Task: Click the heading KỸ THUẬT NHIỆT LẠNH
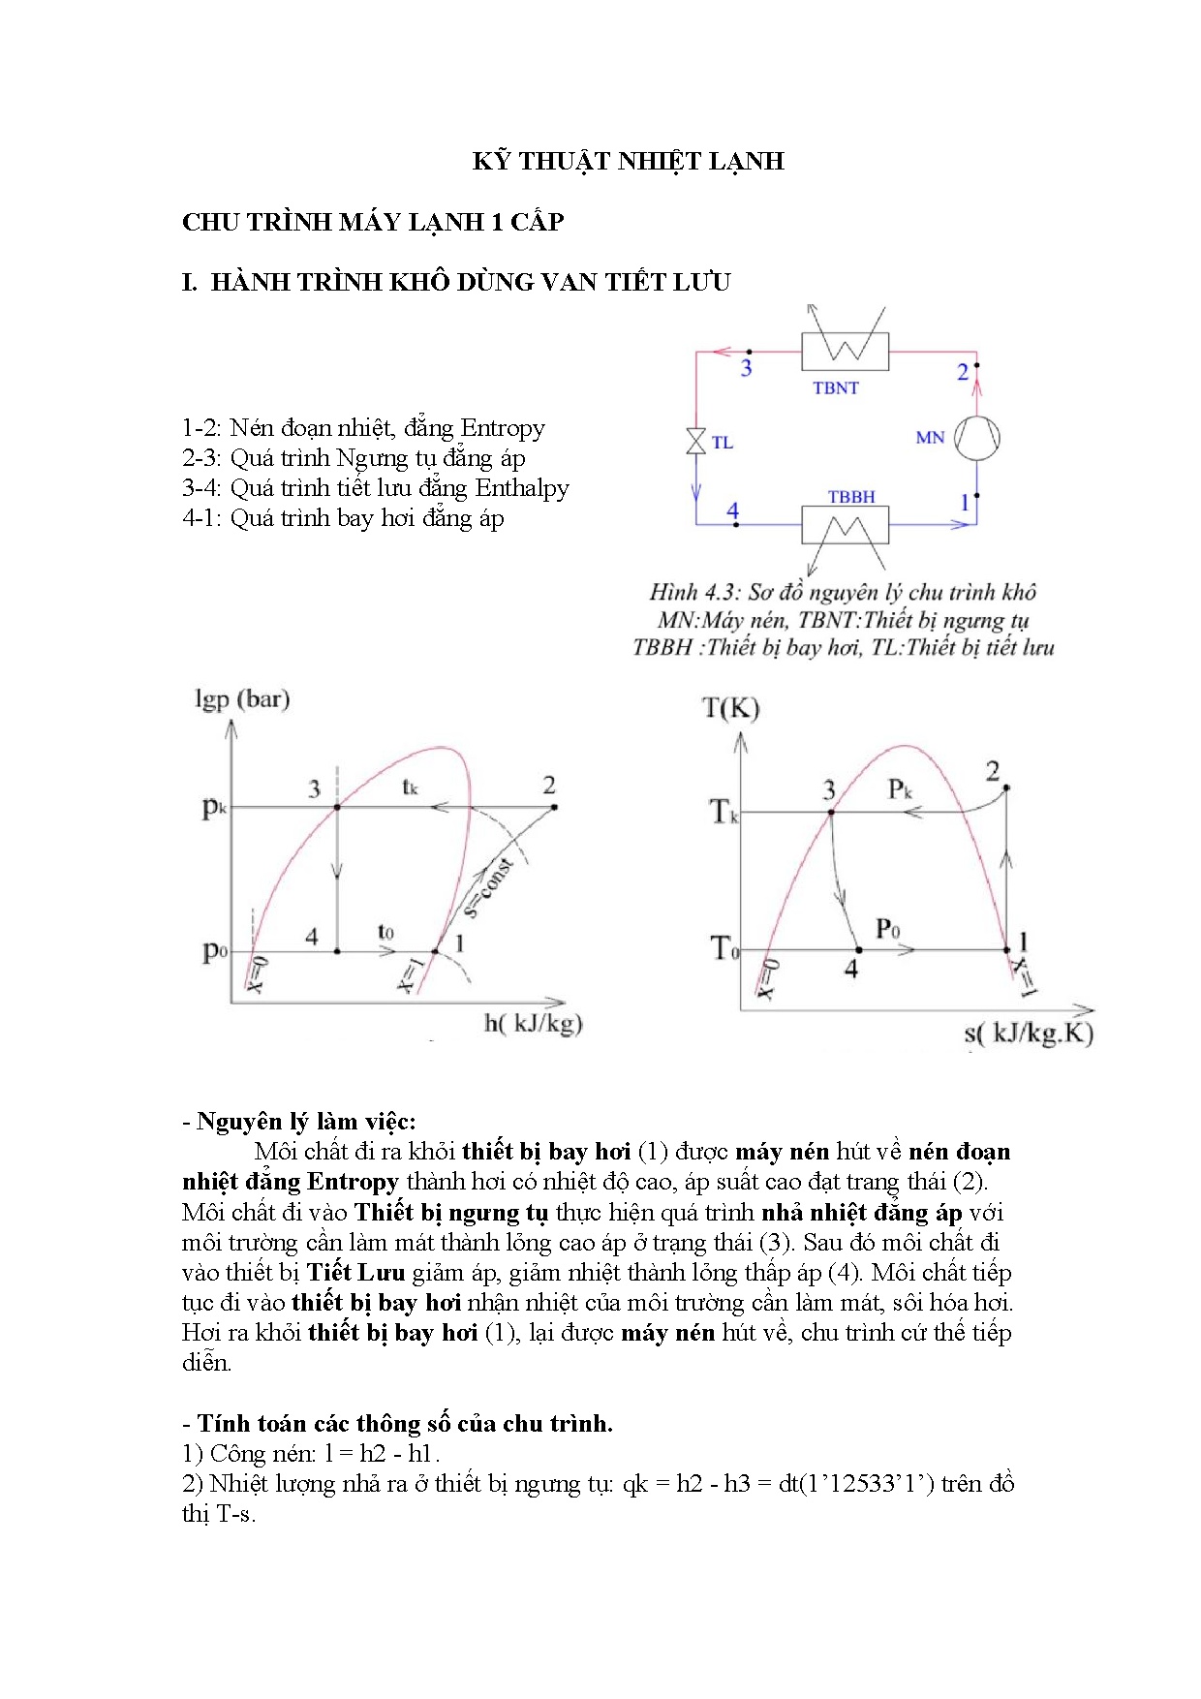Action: click(x=628, y=161)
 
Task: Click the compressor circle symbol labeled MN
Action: click(x=976, y=438)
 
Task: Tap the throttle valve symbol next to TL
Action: click(x=695, y=442)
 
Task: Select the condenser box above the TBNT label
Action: click(x=845, y=351)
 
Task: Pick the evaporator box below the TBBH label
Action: click(x=845, y=525)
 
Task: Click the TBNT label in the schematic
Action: click(x=835, y=387)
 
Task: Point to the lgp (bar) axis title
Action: click(x=242, y=698)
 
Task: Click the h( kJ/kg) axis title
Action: click(x=533, y=1023)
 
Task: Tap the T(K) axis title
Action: click(x=730, y=708)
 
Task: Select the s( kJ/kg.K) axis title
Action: click(x=1028, y=1033)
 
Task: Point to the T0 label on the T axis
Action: click(x=724, y=947)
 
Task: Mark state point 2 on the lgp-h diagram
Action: click(x=554, y=807)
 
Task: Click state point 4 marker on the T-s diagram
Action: click(x=858, y=950)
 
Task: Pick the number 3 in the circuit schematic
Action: click(x=746, y=368)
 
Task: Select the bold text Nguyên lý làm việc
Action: click(x=305, y=1122)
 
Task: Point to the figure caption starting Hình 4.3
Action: click(x=843, y=592)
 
